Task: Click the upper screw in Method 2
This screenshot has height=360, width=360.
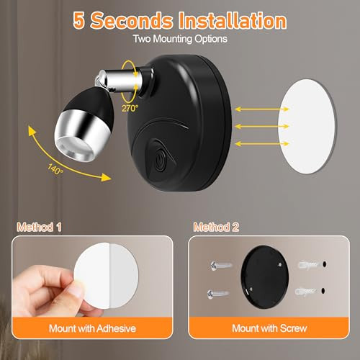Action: [x=222, y=264]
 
